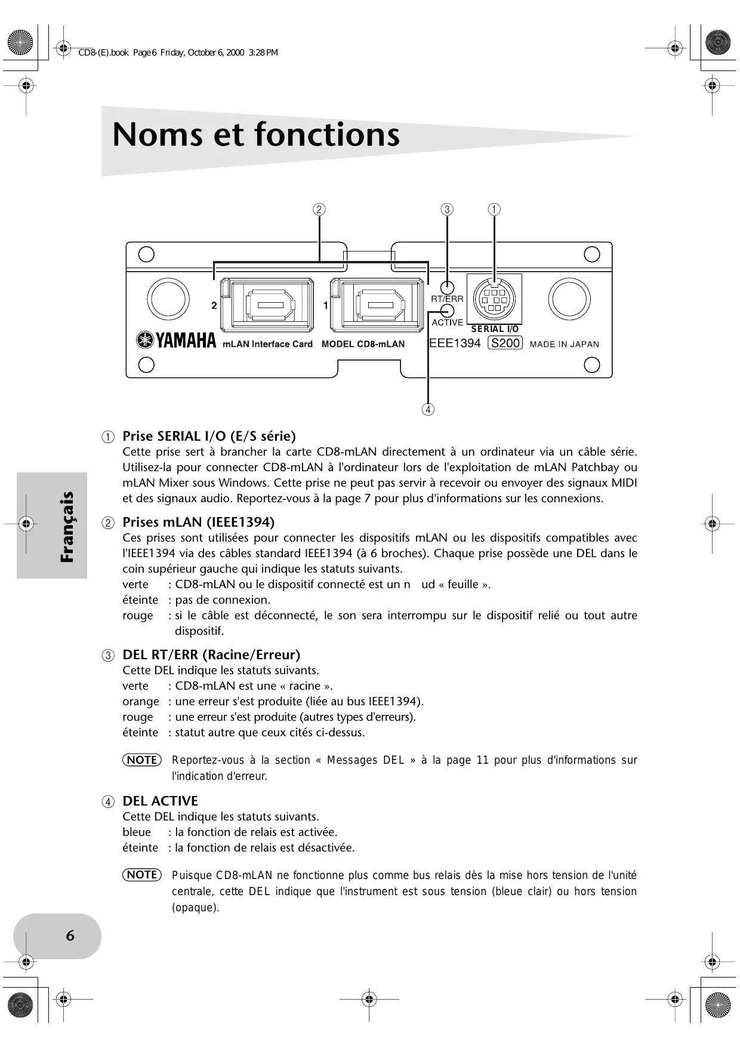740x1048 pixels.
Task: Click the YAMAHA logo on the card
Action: pyautogui.click(x=177, y=341)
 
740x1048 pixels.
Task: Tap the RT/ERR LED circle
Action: pyautogui.click(x=447, y=288)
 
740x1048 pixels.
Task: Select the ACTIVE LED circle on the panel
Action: pyautogui.click(x=447, y=311)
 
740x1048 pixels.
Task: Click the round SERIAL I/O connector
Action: pyautogui.click(x=494, y=299)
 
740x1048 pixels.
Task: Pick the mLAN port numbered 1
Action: pyautogui.click(x=377, y=305)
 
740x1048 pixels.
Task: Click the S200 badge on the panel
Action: pyautogui.click(x=505, y=343)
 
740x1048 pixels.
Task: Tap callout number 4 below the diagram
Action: pyautogui.click(x=427, y=410)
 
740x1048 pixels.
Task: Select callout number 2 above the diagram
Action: pyautogui.click(x=319, y=210)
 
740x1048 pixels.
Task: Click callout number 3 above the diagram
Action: pyautogui.click(x=447, y=210)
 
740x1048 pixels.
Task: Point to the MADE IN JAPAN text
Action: pyautogui.click(x=564, y=344)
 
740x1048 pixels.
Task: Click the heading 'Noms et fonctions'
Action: pyautogui.click(x=256, y=134)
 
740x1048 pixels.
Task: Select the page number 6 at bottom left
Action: pyautogui.click(x=70, y=935)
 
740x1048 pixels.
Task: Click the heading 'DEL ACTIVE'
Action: pyautogui.click(x=160, y=801)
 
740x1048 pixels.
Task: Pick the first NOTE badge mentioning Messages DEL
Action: pyautogui.click(x=142, y=760)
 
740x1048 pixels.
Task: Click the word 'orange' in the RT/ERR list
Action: pyautogui.click(x=141, y=702)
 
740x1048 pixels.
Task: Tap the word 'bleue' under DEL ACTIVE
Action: pyautogui.click(x=137, y=832)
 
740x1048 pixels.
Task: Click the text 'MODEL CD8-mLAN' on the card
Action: pyautogui.click(x=363, y=344)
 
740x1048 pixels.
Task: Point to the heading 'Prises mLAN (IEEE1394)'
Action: pyautogui.click(x=198, y=523)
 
